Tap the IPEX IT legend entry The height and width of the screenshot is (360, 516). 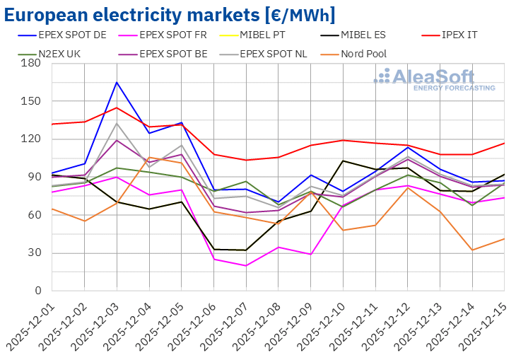tap(459, 34)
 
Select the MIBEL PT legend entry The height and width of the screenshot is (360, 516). tap(273, 34)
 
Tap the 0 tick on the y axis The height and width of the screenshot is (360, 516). tap(37, 291)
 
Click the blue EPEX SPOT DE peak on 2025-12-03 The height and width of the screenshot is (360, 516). tap(117, 82)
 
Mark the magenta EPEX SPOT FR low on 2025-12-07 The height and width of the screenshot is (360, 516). tap(246, 266)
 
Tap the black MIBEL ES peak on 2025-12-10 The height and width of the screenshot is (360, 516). tap(343, 161)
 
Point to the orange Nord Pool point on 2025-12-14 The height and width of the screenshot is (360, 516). tap(471, 250)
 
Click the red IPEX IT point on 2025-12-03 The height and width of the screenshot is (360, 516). tap(117, 108)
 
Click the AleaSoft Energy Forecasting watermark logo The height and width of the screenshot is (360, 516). tap(434, 79)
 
